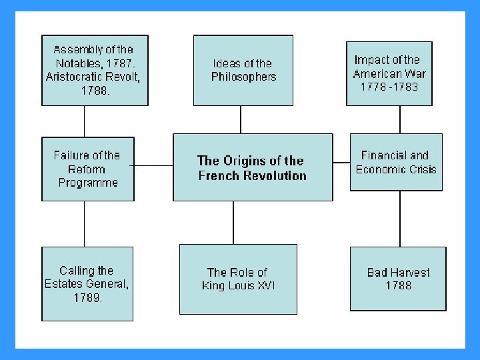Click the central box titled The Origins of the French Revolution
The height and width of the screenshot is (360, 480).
pos(252,167)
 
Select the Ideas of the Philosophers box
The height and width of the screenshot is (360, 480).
pos(243,70)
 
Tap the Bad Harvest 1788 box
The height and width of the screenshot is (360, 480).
pos(398,279)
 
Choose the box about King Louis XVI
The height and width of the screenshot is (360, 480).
pos(238,279)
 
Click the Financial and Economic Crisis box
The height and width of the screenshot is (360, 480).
pos(396,162)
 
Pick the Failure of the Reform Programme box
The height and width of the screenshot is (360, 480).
pos(88,169)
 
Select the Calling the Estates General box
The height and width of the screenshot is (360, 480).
pos(87,283)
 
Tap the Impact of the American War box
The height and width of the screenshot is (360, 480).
pos(389,73)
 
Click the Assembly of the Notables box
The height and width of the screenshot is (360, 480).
pos(95,71)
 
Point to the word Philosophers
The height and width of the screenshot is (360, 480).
pos(243,77)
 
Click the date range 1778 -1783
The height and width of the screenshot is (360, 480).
pos(389,87)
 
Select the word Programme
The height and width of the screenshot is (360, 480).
pos(88,183)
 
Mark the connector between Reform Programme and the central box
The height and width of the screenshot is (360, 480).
pos(153,165)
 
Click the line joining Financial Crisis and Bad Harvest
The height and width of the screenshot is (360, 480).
pos(400,219)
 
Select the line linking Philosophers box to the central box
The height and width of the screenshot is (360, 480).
pos(241,119)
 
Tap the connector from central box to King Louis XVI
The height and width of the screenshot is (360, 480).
pos(233,222)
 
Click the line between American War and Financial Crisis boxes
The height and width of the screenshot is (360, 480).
pos(400,119)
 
